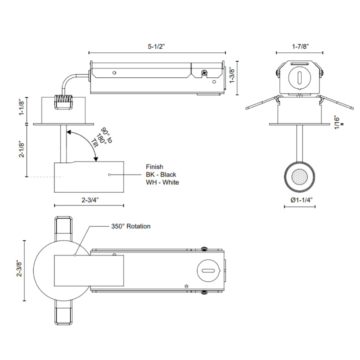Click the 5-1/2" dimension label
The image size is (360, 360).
tap(156, 45)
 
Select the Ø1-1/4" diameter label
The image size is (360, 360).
tap(300, 199)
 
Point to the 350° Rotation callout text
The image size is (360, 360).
tap(131, 226)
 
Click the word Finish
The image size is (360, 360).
tap(154, 166)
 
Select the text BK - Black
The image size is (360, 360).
tap(161, 175)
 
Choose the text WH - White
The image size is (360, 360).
tap(162, 182)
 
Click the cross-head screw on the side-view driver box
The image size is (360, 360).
tap(205, 72)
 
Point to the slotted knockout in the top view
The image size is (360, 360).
tap(207, 270)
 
